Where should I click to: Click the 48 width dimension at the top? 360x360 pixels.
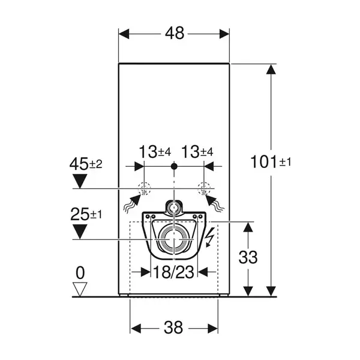click(x=175, y=33)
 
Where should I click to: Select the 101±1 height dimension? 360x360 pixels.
click(x=271, y=161)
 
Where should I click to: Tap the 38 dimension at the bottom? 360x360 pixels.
click(x=173, y=328)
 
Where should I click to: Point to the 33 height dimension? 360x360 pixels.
click(x=248, y=257)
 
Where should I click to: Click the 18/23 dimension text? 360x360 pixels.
click(x=173, y=272)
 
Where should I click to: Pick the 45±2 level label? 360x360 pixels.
click(x=86, y=164)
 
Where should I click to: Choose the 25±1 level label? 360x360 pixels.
click(x=86, y=214)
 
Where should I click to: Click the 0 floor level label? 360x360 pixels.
click(x=80, y=273)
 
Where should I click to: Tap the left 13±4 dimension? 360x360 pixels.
click(x=155, y=152)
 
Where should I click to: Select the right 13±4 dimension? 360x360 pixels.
click(x=197, y=152)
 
